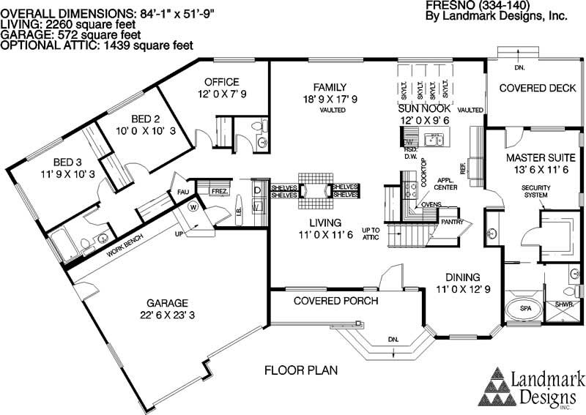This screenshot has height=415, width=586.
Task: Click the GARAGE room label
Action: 167,302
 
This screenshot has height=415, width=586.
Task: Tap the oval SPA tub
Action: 526,309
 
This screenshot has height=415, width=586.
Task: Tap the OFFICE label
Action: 221,81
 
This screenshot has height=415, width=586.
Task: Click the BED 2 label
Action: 146,119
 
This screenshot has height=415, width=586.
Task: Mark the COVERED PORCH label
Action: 335,301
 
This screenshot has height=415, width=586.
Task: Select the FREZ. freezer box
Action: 219,192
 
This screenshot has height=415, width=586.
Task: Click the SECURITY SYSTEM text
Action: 535,192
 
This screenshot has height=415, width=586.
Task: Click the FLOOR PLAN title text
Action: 301,370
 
